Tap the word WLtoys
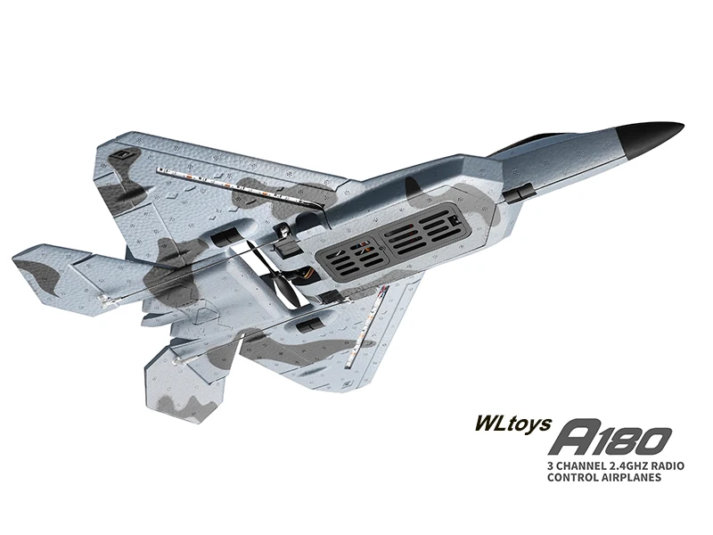tap(513, 424)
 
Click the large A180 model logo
tap(611, 440)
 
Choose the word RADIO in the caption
tap(668, 466)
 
